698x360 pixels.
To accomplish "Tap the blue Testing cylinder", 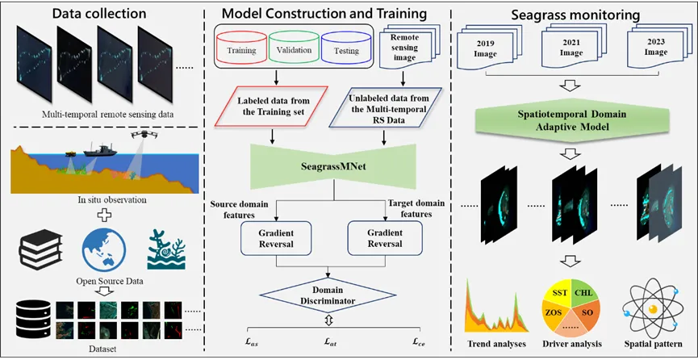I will click(345, 48).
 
